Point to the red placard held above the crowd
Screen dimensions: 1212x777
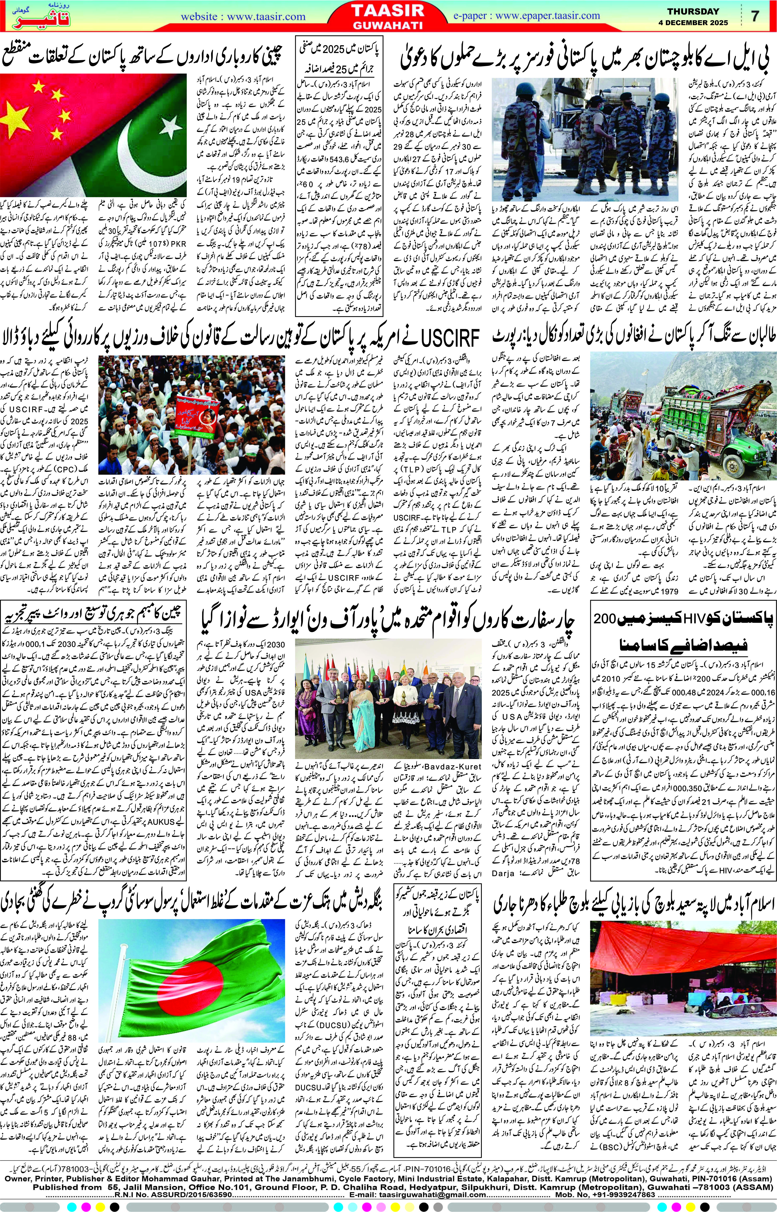[x=193, y=409]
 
